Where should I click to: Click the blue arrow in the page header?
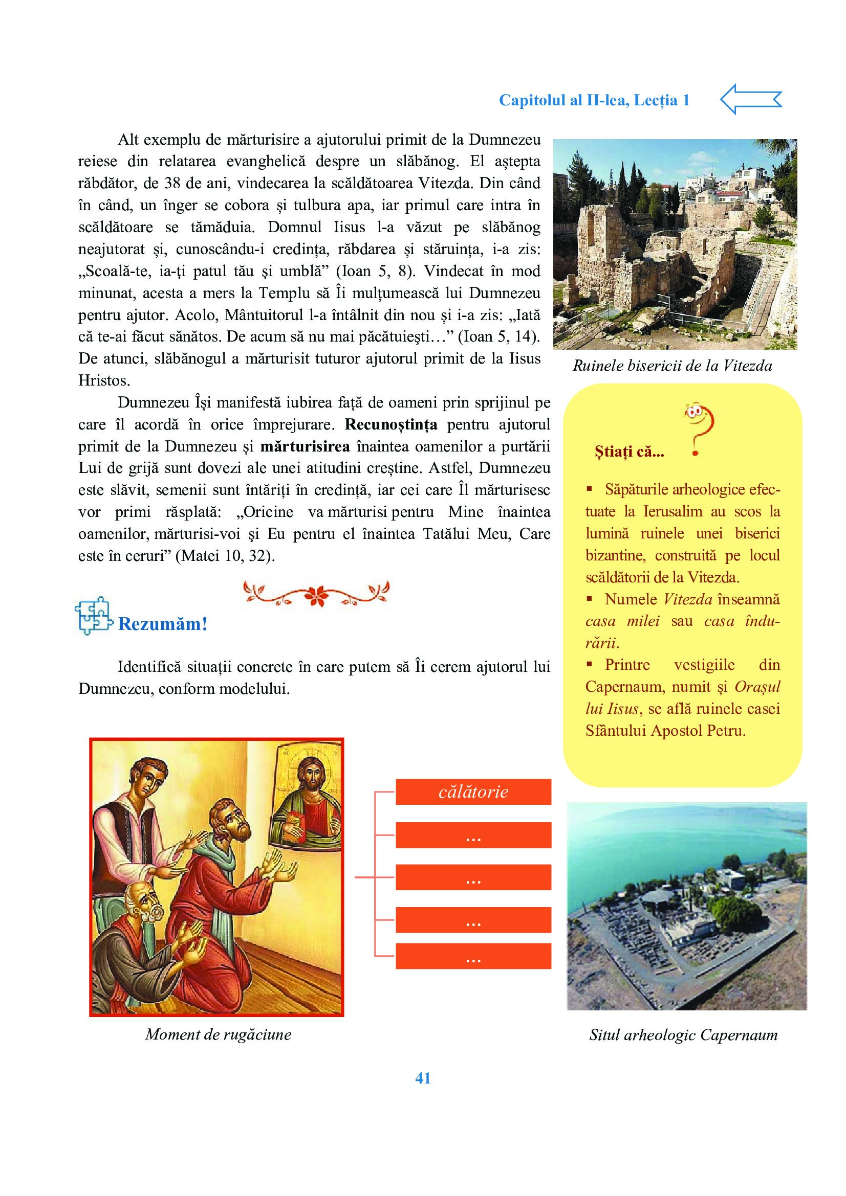point(751,99)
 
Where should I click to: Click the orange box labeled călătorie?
point(473,792)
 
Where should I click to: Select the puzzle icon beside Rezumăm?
point(93,616)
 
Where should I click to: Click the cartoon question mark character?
point(698,427)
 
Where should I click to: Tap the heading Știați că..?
point(629,452)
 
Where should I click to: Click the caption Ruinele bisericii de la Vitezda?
point(672,366)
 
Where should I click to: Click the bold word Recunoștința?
point(391,424)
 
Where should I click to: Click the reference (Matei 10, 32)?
point(225,556)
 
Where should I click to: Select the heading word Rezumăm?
point(163,624)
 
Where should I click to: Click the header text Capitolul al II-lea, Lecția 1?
point(594,100)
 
